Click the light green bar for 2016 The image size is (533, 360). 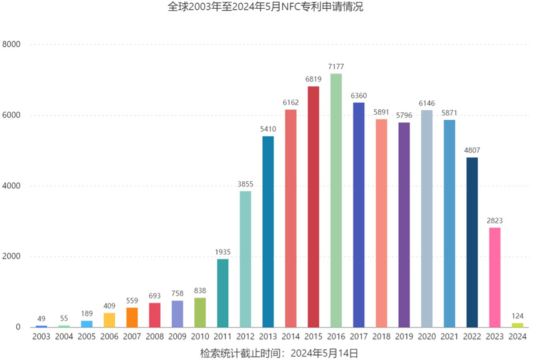pos(336,201)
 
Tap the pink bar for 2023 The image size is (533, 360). pos(495,277)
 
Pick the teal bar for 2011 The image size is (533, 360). pos(223,293)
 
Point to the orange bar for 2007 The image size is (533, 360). pos(132,317)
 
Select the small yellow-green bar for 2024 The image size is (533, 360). pos(517,325)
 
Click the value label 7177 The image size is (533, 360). pos(336,66)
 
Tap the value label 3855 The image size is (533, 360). pos(245,184)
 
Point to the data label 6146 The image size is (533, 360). pos(426,103)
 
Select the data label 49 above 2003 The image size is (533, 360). pos(41,319)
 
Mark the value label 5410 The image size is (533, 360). pos(268,129)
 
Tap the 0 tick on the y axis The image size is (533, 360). pos(18,327)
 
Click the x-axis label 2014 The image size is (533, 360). pos(291,337)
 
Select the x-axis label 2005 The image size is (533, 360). pos(87,337)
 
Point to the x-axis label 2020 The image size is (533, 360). pos(427,337)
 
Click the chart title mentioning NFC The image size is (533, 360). pos(266,8)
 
